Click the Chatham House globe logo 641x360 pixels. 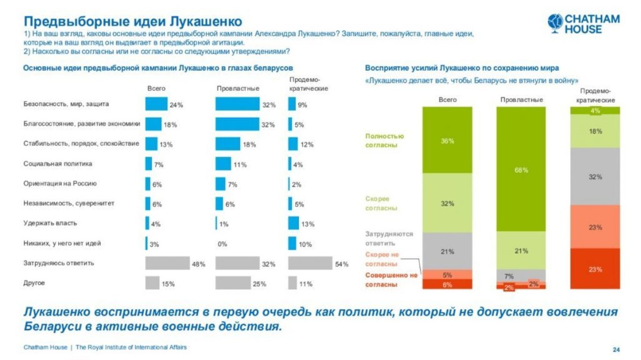[556, 23]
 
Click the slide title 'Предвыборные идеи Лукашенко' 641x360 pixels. [133, 22]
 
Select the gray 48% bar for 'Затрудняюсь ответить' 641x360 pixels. [167, 263]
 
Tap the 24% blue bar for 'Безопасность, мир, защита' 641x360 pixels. [156, 104]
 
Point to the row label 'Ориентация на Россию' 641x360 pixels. [60, 184]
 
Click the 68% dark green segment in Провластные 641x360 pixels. [521, 169]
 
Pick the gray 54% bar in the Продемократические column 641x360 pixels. [310, 263]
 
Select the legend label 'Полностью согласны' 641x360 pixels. [384, 140]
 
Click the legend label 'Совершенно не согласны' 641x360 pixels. [391, 280]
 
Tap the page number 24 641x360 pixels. [616, 350]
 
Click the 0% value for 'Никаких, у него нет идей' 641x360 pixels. [222, 244]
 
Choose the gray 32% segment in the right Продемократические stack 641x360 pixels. [595, 176]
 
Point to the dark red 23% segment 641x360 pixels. [595, 268]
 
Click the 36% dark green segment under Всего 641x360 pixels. [447, 140]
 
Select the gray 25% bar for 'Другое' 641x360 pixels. [233, 283]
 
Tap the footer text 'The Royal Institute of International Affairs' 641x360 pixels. [131, 347]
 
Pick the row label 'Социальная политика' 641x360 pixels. [58, 164]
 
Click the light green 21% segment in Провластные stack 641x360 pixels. [521, 250]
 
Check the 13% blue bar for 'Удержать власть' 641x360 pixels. [293, 223]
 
